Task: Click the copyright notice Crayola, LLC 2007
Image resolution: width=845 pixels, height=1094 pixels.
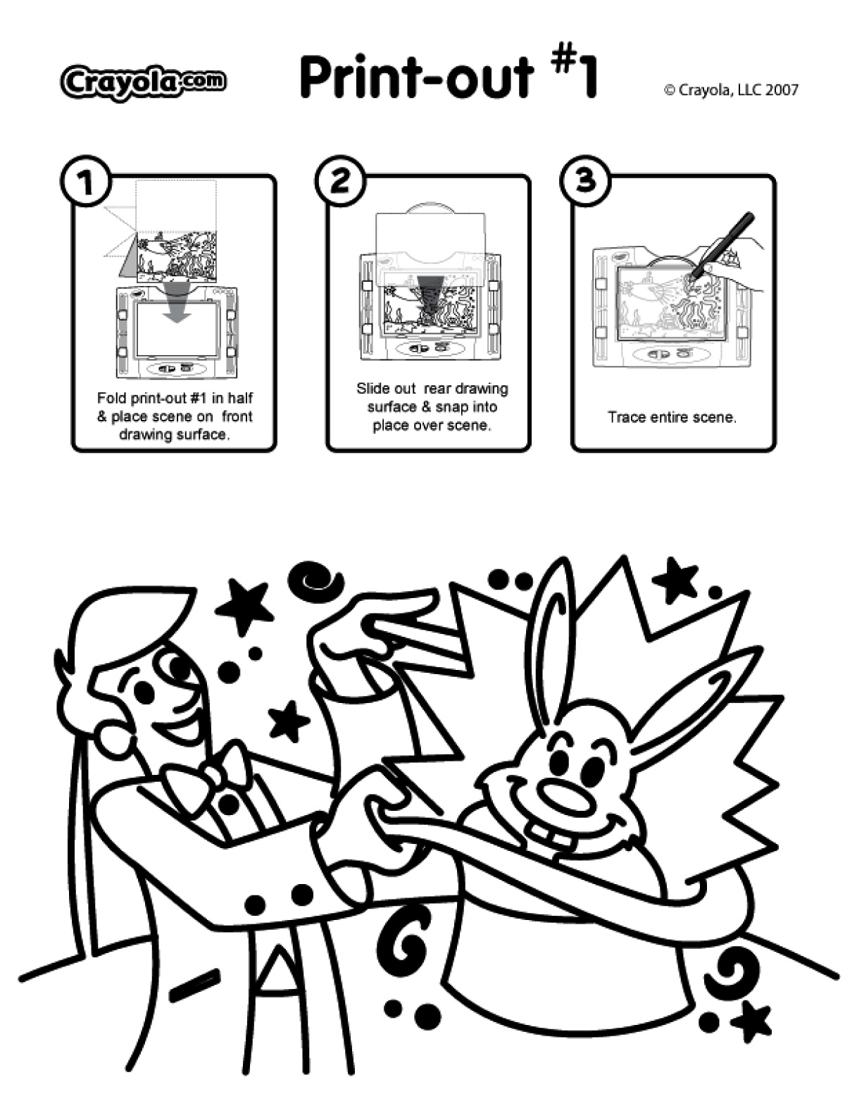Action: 731,90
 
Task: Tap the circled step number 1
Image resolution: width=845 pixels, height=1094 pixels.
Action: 86,182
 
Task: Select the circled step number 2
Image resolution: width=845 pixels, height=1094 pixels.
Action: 342,181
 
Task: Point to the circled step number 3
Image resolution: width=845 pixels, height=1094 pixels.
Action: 585,180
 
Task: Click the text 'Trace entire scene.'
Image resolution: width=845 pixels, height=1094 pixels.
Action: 672,417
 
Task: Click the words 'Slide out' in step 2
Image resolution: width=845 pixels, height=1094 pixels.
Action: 385,389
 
